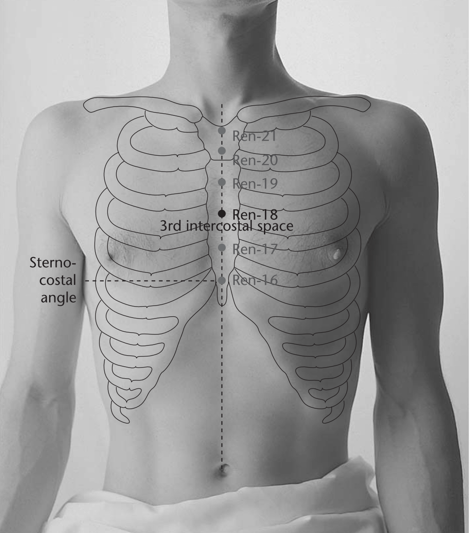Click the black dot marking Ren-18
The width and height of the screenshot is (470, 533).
click(x=222, y=214)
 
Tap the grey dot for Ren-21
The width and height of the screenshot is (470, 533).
click(x=222, y=130)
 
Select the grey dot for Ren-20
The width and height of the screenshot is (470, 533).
click(x=222, y=150)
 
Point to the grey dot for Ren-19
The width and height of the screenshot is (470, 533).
click(x=222, y=182)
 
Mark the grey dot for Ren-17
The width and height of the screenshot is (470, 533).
click(x=222, y=247)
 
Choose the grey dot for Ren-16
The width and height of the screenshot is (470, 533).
click(x=222, y=280)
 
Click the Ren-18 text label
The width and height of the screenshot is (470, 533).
click(x=255, y=215)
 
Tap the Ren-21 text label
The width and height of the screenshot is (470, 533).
click(x=254, y=136)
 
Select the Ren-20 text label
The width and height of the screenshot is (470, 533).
click(x=255, y=161)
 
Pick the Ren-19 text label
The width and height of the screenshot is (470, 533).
click(x=255, y=184)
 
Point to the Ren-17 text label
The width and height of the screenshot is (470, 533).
click(x=255, y=249)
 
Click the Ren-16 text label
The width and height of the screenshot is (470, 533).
click(x=255, y=280)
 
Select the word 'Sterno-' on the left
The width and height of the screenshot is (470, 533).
click(x=53, y=263)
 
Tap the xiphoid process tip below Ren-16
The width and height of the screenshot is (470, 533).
click(x=222, y=305)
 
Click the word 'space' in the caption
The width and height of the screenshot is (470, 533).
click(x=275, y=227)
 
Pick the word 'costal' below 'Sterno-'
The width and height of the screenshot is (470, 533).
click(x=58, y=280)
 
